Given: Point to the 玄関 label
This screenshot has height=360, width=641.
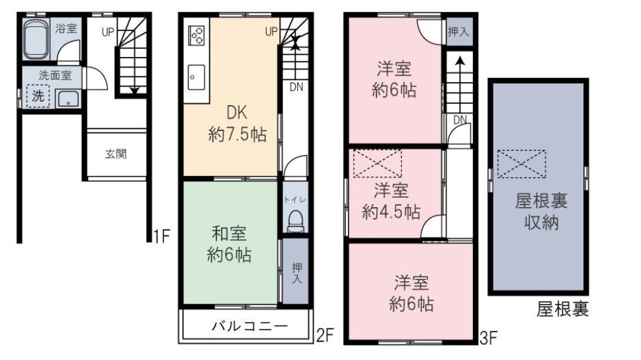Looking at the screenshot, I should click(x=116, y=154).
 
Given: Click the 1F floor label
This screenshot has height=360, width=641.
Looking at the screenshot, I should click(x=162, y=235).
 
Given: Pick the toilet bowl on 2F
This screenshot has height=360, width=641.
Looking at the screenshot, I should click(x=294, y=220).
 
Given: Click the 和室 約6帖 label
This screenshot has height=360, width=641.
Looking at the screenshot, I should click(x=229, y=244).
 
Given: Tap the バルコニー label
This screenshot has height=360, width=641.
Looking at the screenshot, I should click(x=249, y=326).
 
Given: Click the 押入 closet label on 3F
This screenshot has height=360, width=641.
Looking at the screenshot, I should click(x=458, y=32).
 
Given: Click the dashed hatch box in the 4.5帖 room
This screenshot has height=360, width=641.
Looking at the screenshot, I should click(x=377, y=163).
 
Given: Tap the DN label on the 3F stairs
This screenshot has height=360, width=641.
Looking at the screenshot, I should click(x=460, y=120).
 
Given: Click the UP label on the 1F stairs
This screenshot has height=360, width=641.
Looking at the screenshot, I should click(x=108, y=31).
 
